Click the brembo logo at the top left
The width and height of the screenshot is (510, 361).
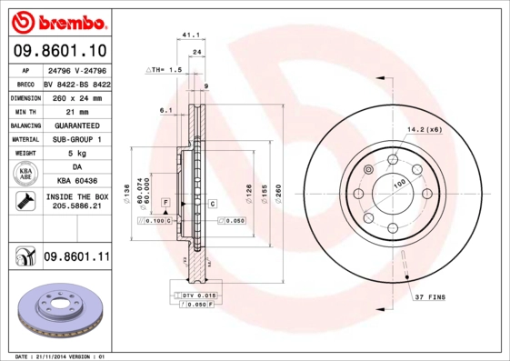point(58,21)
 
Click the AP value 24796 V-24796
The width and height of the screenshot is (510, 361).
point(75,69)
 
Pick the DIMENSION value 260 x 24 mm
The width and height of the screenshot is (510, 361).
point(75,96)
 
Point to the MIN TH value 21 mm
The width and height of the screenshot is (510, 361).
point(75,111)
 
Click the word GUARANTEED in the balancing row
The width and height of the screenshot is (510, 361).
point(75,125)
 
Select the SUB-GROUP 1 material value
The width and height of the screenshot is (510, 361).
point(75,139)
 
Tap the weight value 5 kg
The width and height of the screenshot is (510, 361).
point(75,154)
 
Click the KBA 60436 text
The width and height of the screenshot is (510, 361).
point(75,182)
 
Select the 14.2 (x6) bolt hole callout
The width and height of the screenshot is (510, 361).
point(425,130)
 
